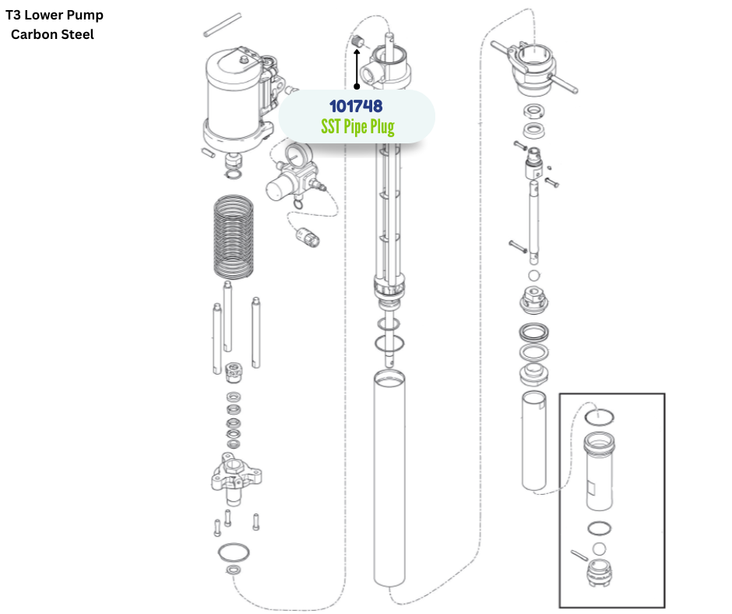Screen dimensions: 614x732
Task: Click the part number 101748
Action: [356, 105]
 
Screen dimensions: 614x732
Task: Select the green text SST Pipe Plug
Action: [357, 126]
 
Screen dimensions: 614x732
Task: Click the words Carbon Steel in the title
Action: [52, 34]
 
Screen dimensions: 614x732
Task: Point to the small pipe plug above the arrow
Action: [357, 41]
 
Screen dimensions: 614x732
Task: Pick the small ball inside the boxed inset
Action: [598, 549]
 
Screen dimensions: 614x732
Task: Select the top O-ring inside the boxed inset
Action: [600, 416]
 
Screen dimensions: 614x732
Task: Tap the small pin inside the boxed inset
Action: [578, 554]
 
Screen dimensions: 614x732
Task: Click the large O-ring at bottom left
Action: [233, 552]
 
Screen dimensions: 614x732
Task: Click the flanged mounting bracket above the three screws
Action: [233, 476]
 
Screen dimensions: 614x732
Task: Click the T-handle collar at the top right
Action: [534, 66]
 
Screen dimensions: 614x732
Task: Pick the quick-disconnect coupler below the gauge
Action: [308, 236]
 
